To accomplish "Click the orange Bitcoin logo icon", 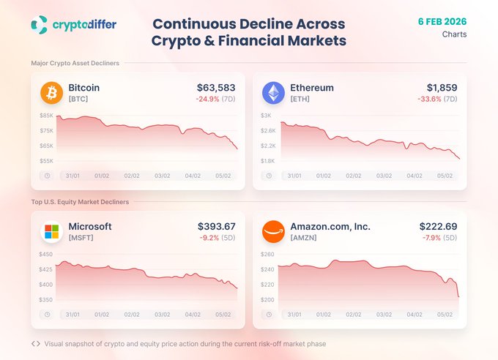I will click(52, 93).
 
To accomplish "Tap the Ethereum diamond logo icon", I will click(274, 93).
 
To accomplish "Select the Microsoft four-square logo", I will click(52, 232).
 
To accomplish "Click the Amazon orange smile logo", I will click(274, 232).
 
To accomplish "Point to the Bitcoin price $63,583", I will click(218, 88).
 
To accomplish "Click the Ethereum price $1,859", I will click(441, 88).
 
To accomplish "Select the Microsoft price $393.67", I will click(217, 227).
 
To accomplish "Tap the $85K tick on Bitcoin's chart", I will click(47, 116).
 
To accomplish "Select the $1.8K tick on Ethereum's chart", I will click(268, 160).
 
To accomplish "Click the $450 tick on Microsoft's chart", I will click(47, 255).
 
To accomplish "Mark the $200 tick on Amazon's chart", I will click(268, 299).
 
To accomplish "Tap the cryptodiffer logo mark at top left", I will click(40, 25).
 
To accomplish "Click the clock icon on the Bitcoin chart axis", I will click(47, 176).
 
